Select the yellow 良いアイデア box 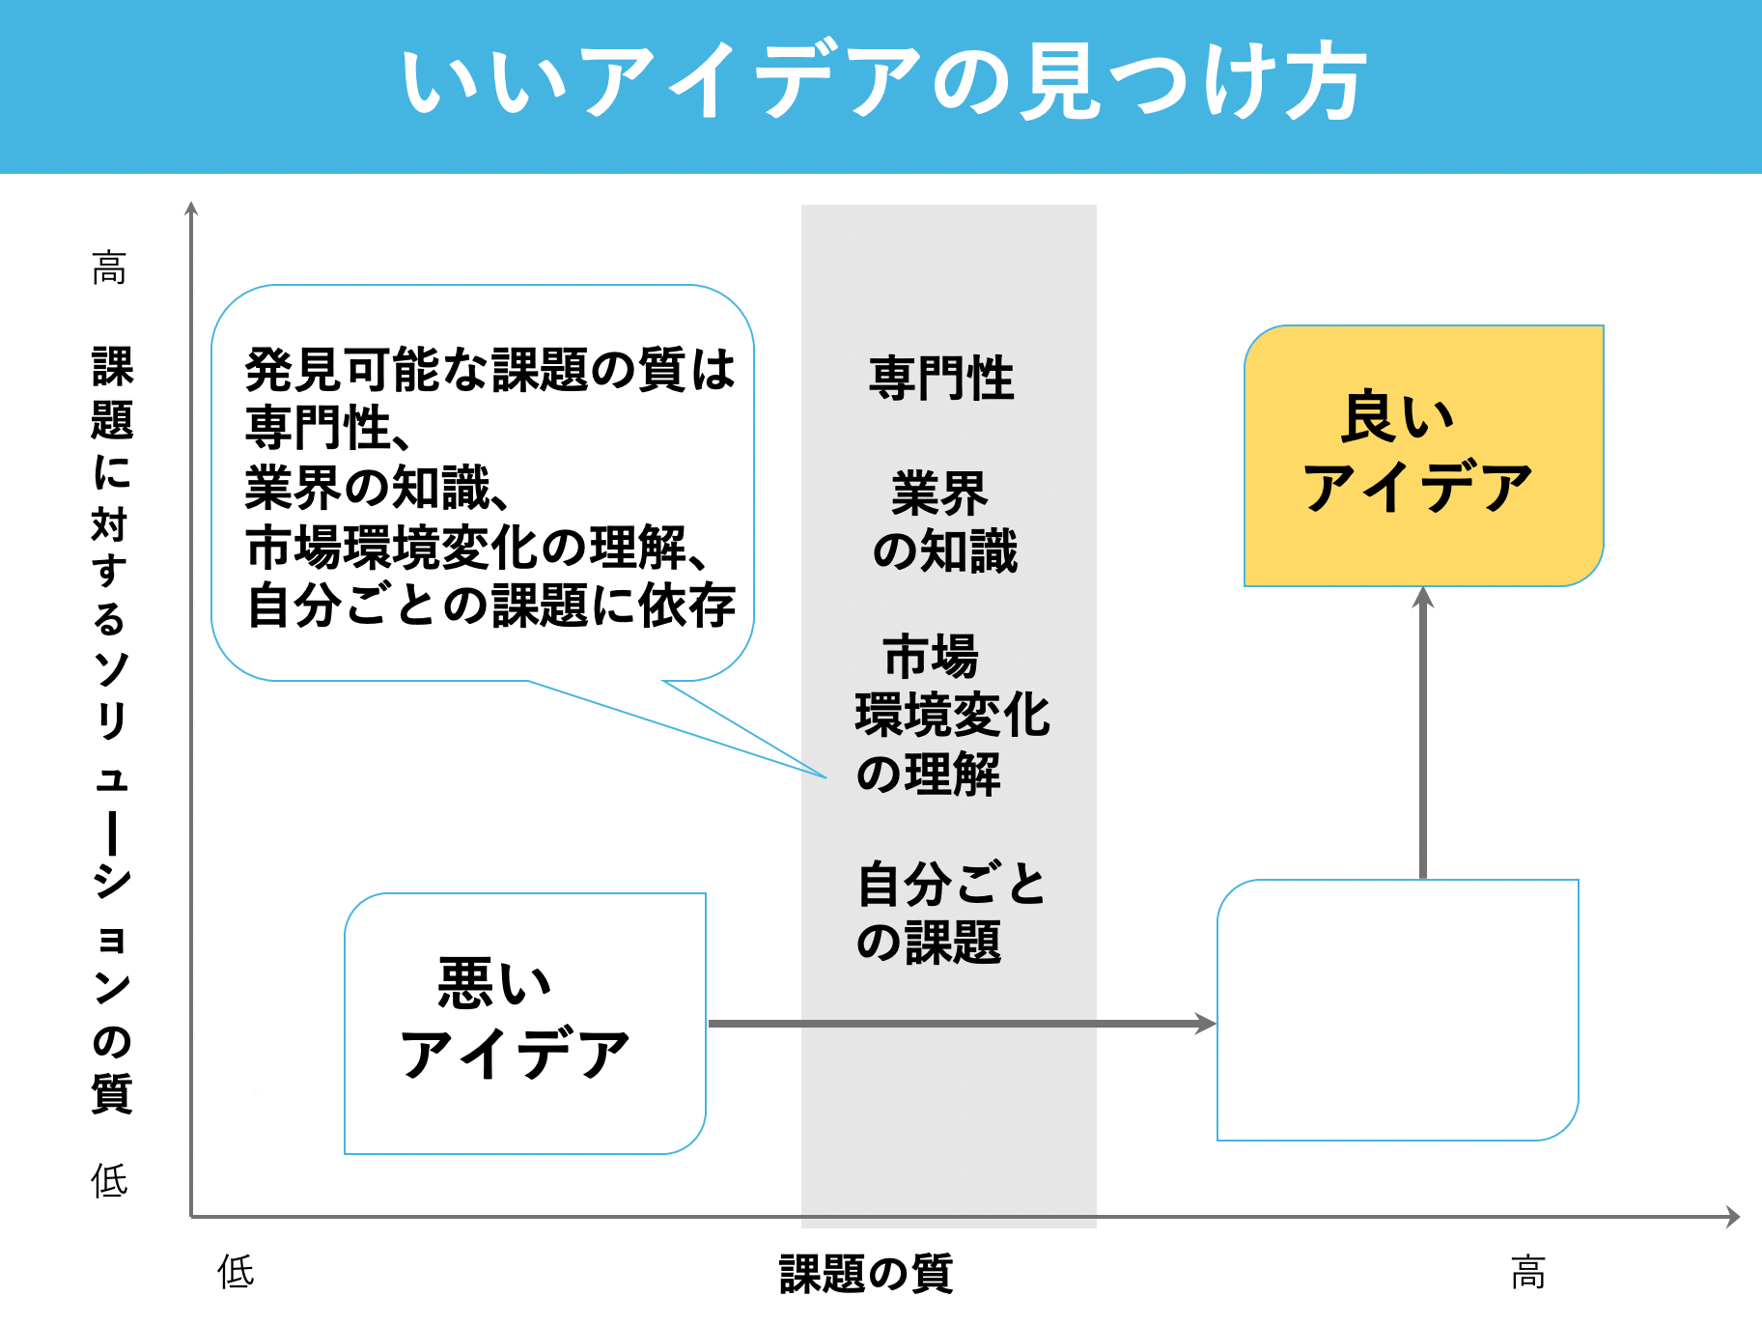point(1423,456)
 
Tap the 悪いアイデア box point(524,1023)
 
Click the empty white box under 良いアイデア point(1397,1009)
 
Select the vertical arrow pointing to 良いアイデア point(1423,734)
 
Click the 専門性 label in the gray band point(941,378)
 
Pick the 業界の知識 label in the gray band point(943,522)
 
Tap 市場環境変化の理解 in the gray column point(951,716)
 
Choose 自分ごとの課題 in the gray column point(951,913)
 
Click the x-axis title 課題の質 point(866,1273)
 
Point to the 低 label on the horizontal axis point(236,1272)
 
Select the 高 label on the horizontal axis point(1527,1272)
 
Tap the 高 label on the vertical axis point(109,268)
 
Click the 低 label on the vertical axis point(109,1180)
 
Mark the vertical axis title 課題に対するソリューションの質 point(112,729)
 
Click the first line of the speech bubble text point(489,370)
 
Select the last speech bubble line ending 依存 point(490,606)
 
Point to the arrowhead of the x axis point(1733,1217)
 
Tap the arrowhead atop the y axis point(191,209)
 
